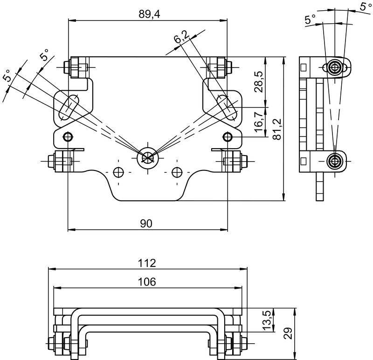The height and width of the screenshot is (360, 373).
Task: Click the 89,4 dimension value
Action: point(150,14)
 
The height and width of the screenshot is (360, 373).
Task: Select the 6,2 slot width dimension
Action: point(181,37)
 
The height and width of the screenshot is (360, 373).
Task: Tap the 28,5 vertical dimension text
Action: point(258,82)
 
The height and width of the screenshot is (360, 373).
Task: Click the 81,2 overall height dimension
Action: point(277,129)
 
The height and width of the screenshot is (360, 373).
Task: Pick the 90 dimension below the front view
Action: point(146,224)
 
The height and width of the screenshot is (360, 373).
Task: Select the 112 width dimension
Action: point(147,263)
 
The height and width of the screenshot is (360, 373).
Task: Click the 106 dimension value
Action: point(147,282)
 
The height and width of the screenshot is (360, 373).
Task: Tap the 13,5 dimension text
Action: point(267,319)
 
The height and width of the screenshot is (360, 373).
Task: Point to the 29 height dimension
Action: point(288,333)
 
